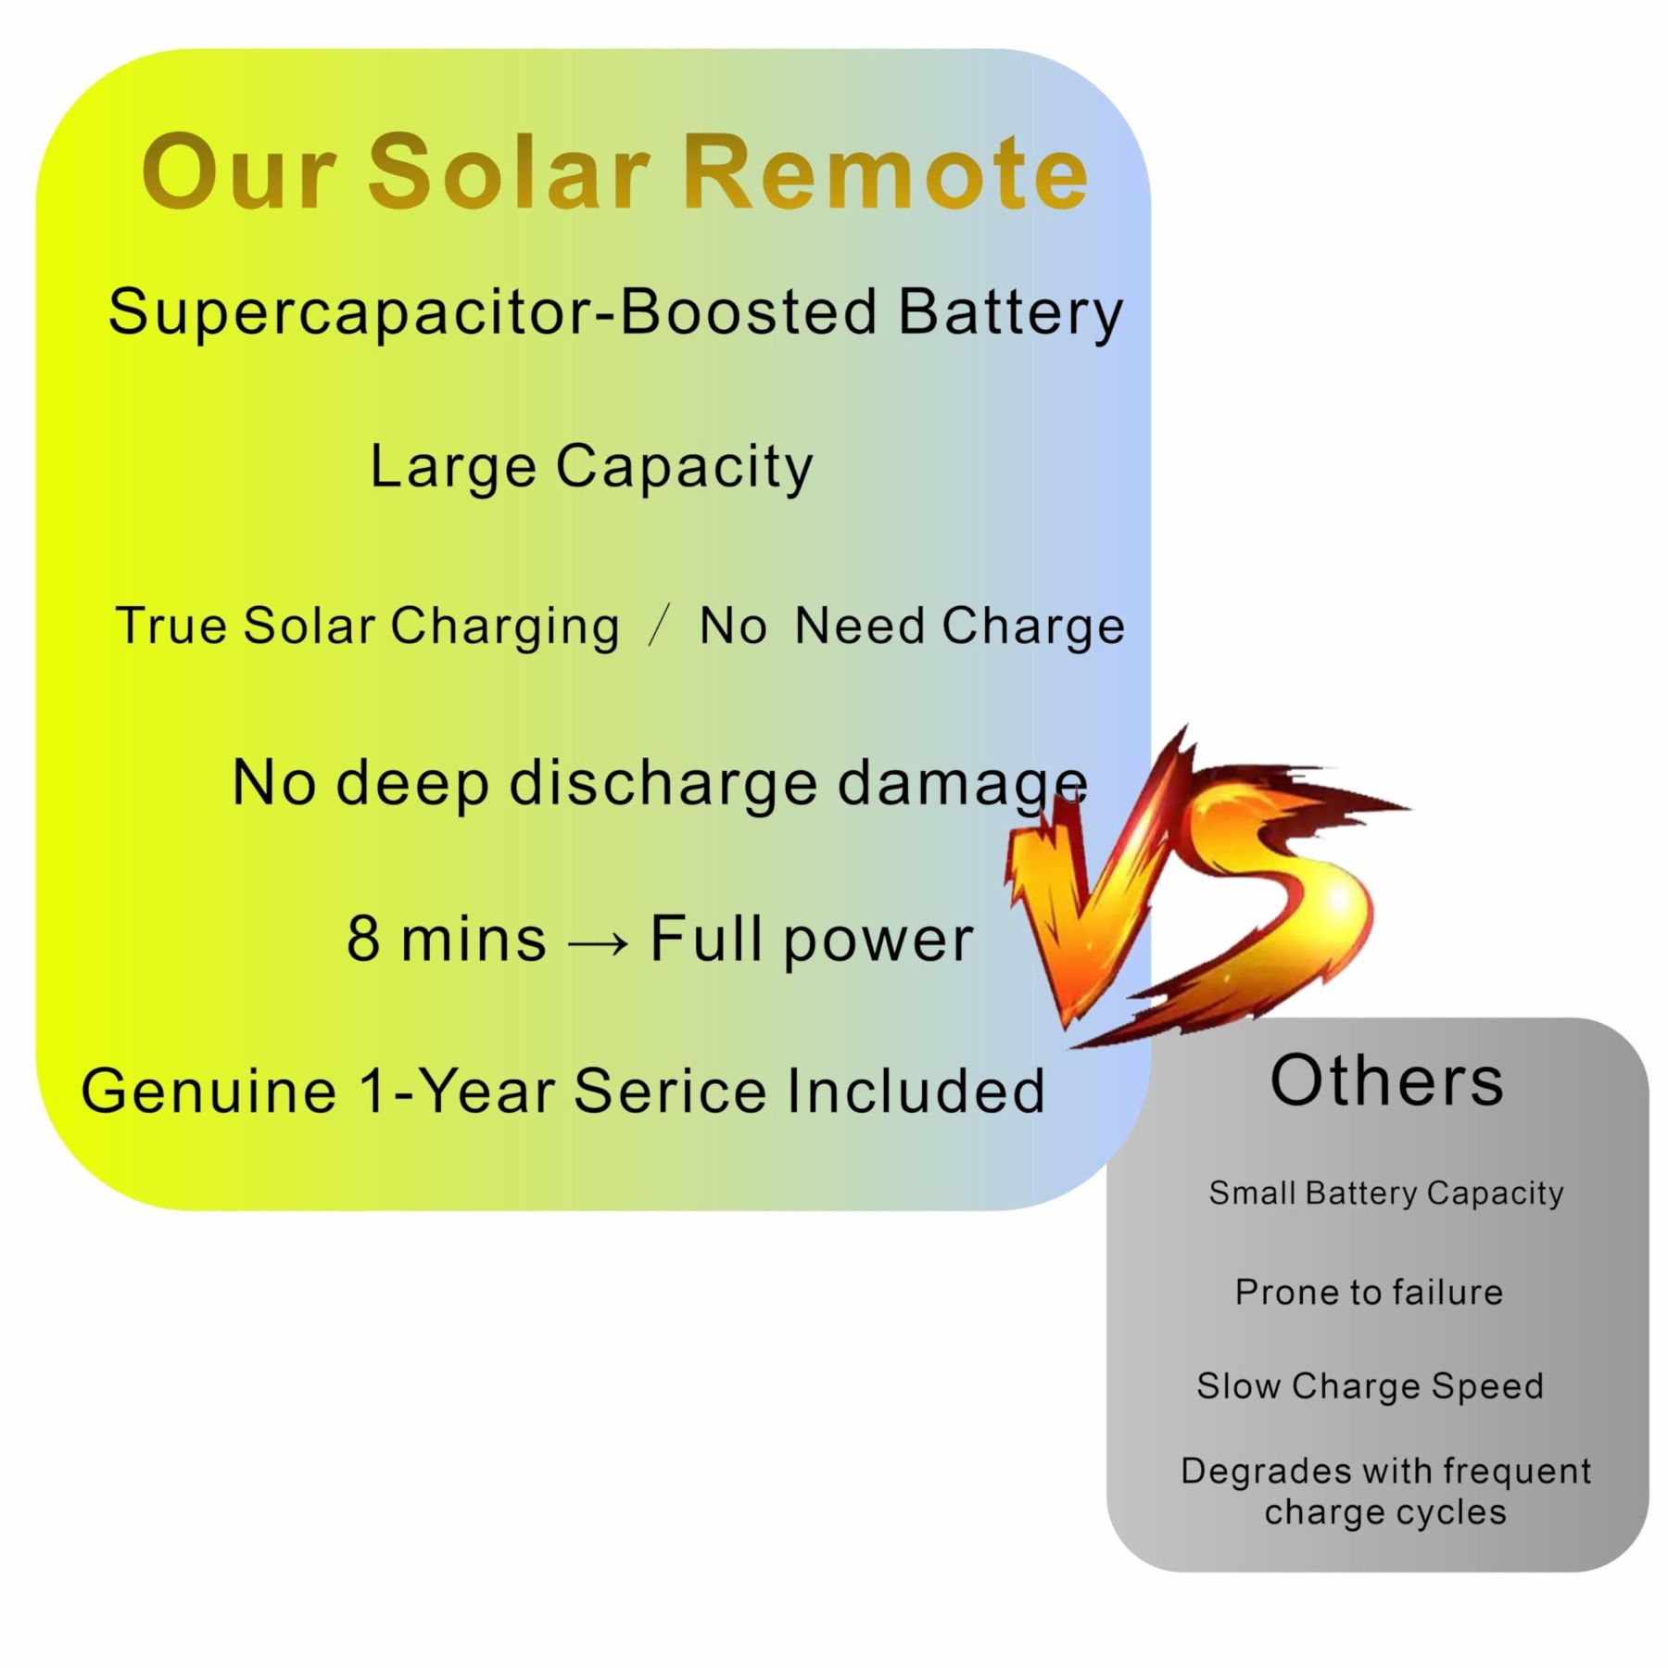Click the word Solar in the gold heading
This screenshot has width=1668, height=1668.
509,171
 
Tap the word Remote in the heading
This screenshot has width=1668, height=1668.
885,171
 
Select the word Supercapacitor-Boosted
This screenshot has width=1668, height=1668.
492,313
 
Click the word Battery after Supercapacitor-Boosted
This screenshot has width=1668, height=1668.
1010,313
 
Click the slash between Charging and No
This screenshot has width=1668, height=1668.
660,625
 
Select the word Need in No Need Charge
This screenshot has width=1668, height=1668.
859,625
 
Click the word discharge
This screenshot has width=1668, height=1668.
663,783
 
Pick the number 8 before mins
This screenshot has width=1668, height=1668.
363,938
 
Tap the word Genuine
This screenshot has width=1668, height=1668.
208,1090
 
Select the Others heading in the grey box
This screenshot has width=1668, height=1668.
1386,1080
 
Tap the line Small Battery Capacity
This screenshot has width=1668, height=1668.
1386,1194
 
